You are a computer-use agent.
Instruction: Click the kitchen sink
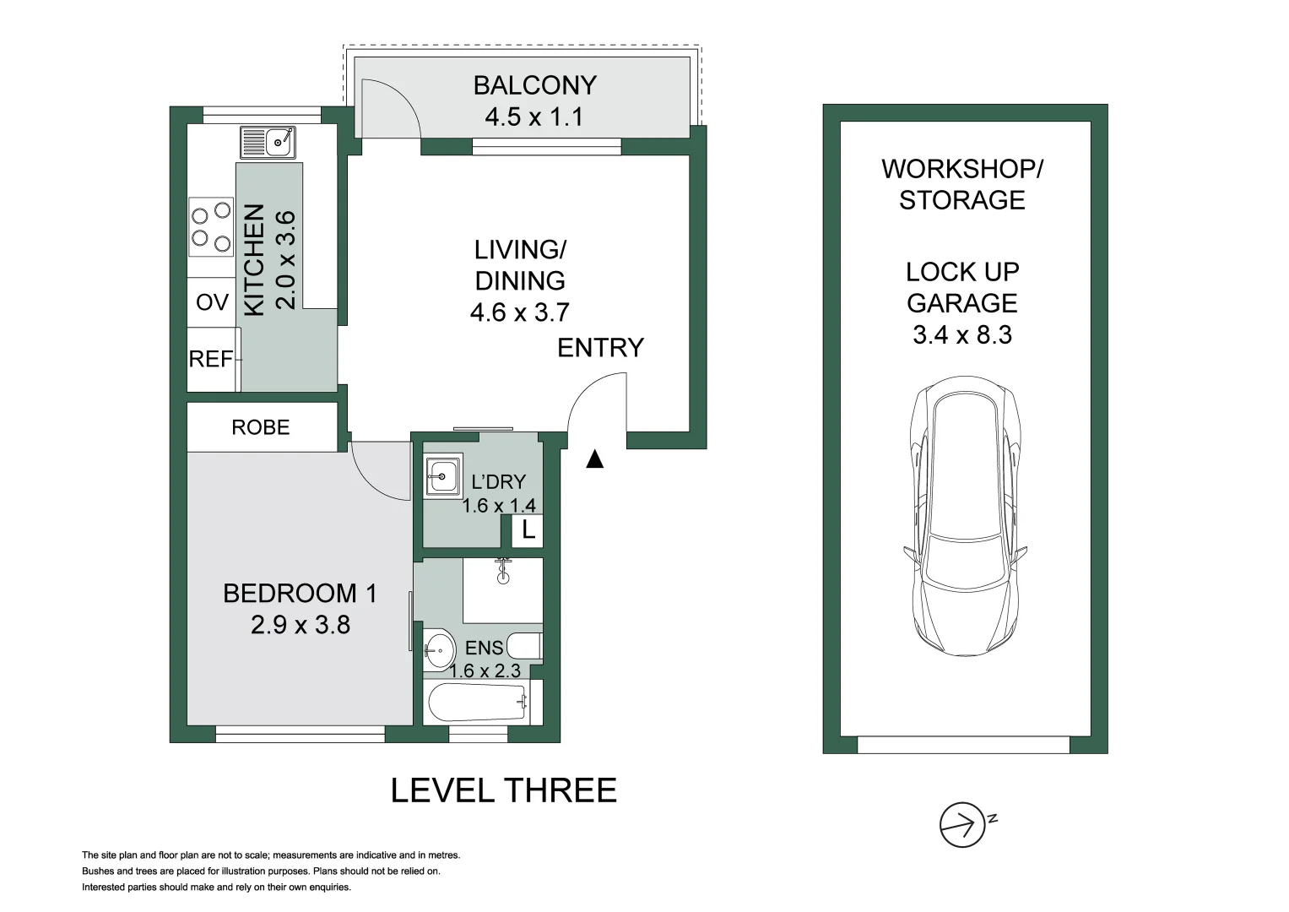268,142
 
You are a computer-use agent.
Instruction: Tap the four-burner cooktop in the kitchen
211,227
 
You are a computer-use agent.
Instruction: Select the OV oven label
213,302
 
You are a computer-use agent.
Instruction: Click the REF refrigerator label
211,359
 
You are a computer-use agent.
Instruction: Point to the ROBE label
261,427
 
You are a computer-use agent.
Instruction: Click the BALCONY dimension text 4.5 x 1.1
534,117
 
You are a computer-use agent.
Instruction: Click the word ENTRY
600,348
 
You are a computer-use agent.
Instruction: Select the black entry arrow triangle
595,459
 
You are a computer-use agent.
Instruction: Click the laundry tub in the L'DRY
444,476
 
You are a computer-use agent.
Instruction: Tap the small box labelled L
528,530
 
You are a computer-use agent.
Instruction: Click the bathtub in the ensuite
477,703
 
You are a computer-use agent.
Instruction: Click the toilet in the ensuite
525,646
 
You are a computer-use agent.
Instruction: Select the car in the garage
965,517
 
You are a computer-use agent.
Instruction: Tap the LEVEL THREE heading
503,790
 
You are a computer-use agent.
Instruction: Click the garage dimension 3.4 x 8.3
962,334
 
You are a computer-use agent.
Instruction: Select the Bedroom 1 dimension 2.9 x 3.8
301,625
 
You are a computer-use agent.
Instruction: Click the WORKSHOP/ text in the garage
962,169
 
